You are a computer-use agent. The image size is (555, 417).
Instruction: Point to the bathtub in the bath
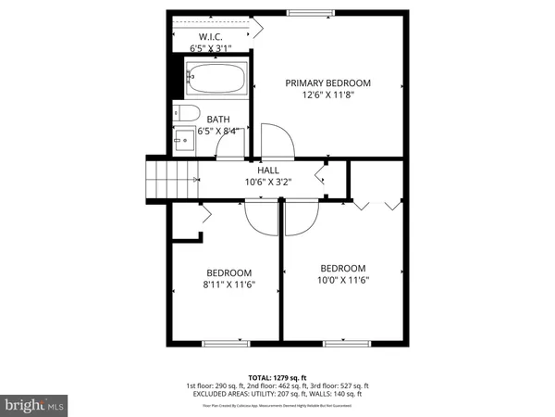coord(216,78)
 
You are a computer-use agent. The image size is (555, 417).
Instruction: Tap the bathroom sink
coord(184,141)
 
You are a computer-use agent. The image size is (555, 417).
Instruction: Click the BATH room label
coord(218,119)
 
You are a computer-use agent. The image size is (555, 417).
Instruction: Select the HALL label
coord(268,170)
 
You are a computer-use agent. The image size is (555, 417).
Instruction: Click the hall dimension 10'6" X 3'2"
coord(268,183)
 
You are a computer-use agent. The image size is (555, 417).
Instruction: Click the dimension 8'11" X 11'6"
coord(229,285)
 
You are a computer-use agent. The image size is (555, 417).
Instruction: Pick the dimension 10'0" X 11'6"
coord(343,280)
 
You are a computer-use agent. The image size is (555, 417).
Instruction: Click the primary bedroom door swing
coord(277,141)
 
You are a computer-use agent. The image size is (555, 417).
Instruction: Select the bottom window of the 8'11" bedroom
coord(226,344)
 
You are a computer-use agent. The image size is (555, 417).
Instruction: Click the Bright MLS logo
coord(35,405)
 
